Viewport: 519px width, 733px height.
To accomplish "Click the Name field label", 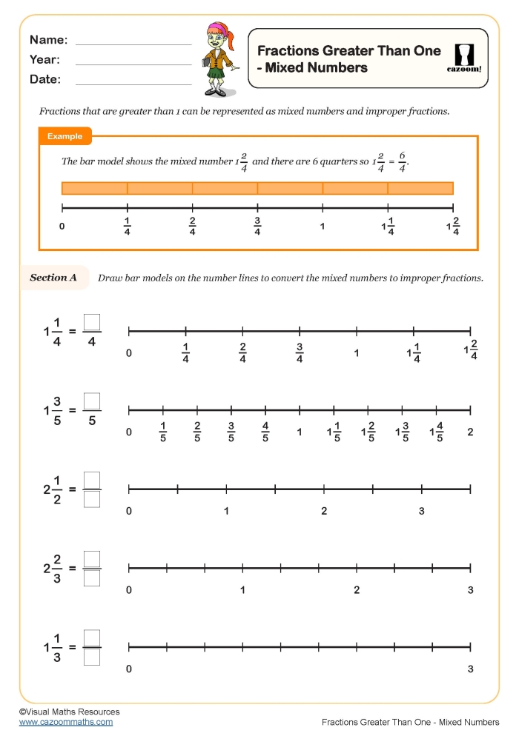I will [48, 40].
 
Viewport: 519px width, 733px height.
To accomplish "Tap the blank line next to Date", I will [133, 83].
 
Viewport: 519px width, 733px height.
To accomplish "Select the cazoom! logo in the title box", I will [464, 58].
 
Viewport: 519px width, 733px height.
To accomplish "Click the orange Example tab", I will [65, 136].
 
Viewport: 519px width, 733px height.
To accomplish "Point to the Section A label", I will [53, 278].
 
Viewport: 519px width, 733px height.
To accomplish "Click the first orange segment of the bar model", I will [94, 188].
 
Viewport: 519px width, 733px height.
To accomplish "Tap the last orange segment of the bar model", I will [420, 188].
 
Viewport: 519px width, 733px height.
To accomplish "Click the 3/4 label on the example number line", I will [257, 227].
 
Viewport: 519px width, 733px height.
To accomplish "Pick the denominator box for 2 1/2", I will [92, 500].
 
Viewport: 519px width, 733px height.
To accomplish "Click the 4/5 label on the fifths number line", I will [265, 432].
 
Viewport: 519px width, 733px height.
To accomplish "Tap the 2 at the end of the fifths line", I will [470, 432].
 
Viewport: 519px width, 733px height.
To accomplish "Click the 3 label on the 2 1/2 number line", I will [422, 511].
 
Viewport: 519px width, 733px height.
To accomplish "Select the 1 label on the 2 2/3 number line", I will [242, 590].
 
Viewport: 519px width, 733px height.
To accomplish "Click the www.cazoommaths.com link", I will [66, 721].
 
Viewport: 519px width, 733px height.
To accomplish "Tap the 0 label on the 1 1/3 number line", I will [129, 669].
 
